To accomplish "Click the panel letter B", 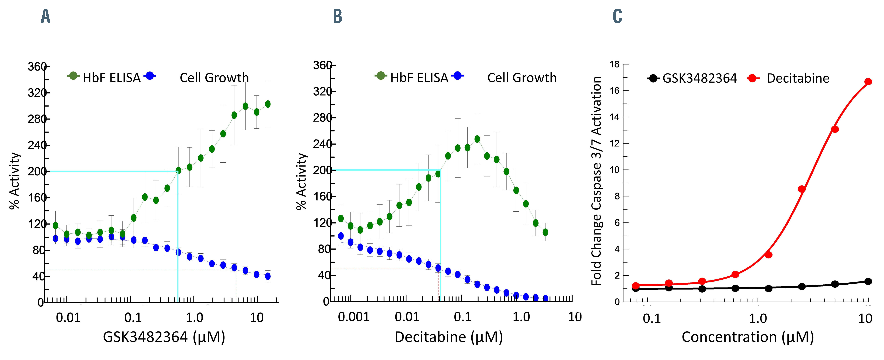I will [338, 16].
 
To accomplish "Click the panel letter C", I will [617, 16].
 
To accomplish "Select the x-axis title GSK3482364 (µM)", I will [164, 337].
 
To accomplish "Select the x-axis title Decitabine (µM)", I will [448, 337].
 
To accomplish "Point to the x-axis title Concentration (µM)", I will [747, 337].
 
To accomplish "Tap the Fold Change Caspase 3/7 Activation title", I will [596, 181].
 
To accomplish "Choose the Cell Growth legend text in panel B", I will [522, 78].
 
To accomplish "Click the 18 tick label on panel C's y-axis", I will [615, 64].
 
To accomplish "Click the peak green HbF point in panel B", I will [477, 139].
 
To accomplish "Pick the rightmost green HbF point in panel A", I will [268, 104].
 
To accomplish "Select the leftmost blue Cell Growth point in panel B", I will [341, 236].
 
